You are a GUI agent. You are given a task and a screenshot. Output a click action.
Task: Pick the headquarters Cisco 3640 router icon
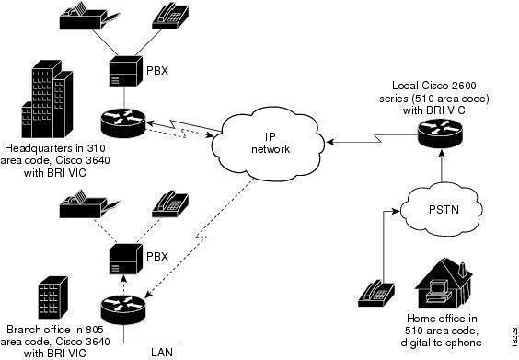pyautogui.click(x=122, y=122)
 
